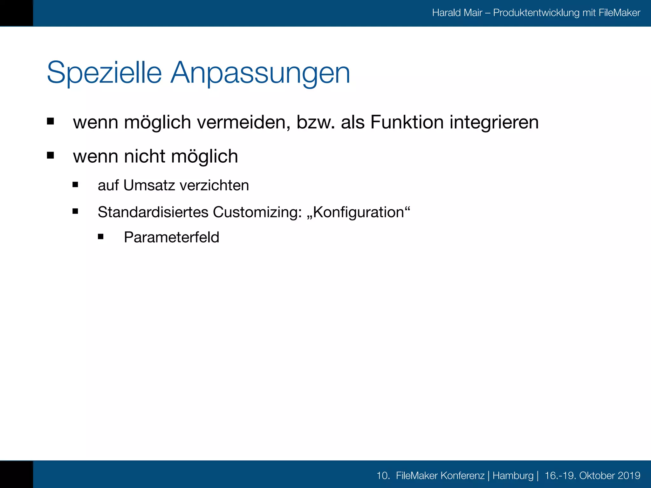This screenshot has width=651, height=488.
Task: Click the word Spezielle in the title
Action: (x=104, y=73)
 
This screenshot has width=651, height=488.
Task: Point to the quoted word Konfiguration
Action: (x=359, y=212)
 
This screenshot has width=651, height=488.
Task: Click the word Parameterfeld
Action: (x=171, y=237)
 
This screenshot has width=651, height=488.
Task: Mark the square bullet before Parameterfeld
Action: (x=101, y=236)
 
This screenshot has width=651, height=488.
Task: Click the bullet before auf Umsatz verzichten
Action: (x=75, y=185)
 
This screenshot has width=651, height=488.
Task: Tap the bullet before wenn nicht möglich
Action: (x=50, y=155)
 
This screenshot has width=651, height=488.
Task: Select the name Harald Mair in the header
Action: (x=457, y=13)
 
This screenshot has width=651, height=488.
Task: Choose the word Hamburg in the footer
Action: (x=513, y=476)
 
